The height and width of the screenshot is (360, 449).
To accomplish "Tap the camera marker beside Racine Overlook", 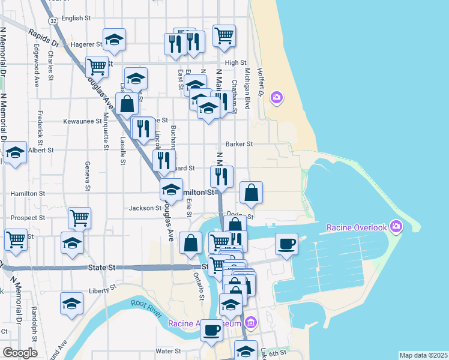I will coord(396,227).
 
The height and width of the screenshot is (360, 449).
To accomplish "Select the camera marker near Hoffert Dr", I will coord(276,97).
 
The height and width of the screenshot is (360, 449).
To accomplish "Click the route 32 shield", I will coord(54,20).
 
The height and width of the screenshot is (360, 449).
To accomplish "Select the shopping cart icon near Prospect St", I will coord(79,217).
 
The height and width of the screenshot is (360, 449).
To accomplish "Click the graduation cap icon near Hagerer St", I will coord(114,40).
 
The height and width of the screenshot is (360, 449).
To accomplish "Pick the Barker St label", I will coord(239,144).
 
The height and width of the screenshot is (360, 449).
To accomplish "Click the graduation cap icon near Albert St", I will coord(15,152).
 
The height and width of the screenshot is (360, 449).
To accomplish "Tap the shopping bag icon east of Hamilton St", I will coord(252,193).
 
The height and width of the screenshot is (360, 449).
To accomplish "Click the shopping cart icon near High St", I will coord(224,35).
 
